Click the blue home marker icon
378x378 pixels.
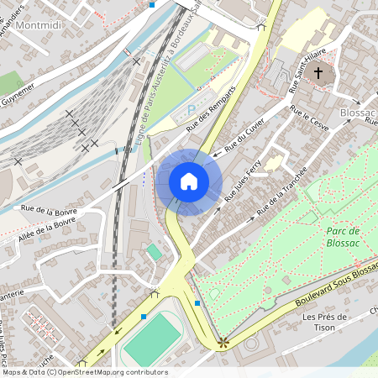189,181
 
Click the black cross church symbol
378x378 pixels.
318,73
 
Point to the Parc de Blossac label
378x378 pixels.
342,236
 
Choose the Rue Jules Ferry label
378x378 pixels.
243,180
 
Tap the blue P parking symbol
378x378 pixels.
192,110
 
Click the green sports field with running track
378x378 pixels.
152,340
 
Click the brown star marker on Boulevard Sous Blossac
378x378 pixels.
223,342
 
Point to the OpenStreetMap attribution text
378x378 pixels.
84,372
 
